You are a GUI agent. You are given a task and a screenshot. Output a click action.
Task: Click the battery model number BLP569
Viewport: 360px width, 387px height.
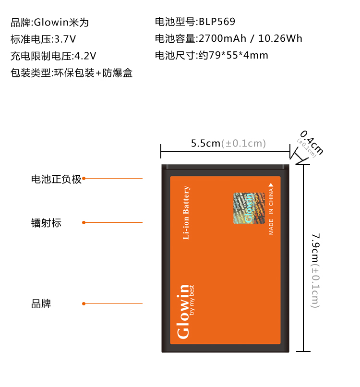[x=217, y=22]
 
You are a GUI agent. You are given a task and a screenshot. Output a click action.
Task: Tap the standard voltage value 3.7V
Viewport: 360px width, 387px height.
[x=65, y=39]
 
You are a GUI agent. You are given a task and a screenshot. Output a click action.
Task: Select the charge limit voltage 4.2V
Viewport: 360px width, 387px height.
[x=85, y=56]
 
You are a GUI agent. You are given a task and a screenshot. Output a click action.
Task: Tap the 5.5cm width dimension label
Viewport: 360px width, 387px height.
[x=205, y=143]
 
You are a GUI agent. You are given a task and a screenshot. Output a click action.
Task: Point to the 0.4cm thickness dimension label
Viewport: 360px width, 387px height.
[x=312, y=142]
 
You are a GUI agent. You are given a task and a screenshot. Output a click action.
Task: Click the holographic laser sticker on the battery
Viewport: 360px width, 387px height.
[x=249, y=208]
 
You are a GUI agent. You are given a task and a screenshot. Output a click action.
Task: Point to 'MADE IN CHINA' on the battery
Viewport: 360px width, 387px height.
[x=271, y=211]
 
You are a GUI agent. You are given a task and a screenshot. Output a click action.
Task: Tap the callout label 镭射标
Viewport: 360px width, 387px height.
[x=47, y=223]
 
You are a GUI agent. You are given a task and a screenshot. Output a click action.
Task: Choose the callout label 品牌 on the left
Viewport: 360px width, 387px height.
[x=41, y=304]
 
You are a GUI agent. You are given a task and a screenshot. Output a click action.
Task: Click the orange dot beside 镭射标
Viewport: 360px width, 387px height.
[x=84, y=222]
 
